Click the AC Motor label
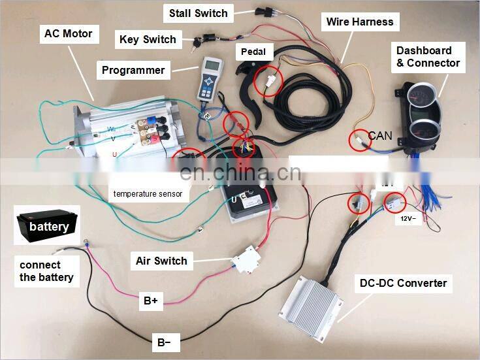(68, 34)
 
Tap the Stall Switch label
(198, 12)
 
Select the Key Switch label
(148, 40)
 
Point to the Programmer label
(133, 70)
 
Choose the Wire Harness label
(360, 22)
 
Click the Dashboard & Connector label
(428, 57)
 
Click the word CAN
(381, 136)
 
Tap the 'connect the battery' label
(46, 271)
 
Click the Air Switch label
(161, 261)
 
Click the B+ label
(151, 301)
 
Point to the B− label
(165, 342)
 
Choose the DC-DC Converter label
(403, 284)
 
